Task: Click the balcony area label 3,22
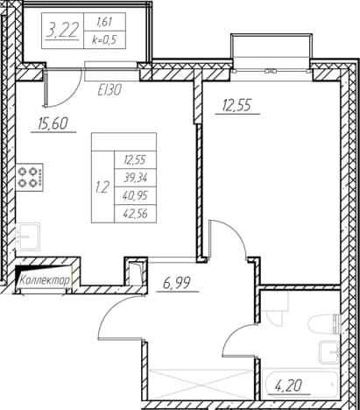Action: click(62, 30)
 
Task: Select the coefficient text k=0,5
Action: click(104, 39)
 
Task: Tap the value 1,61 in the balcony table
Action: click(104, 22)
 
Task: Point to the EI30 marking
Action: click(109, 90)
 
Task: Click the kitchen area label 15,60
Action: click(53, 124)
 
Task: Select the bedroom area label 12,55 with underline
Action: click(236, 105)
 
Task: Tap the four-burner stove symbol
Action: click(29, 177)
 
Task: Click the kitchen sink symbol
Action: click(28, 237)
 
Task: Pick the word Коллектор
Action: click(46, 280)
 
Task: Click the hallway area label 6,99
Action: click(177, 283)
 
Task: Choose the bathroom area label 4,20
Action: click(288, 386)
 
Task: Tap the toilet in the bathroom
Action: click(325, 324)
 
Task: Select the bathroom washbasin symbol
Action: click(329, 352)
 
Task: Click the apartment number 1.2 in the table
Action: click(102, 187)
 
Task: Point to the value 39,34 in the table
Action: click(135, 178)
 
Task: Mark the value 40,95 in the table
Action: click(135, 195)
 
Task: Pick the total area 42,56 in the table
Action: click(135, 214)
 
